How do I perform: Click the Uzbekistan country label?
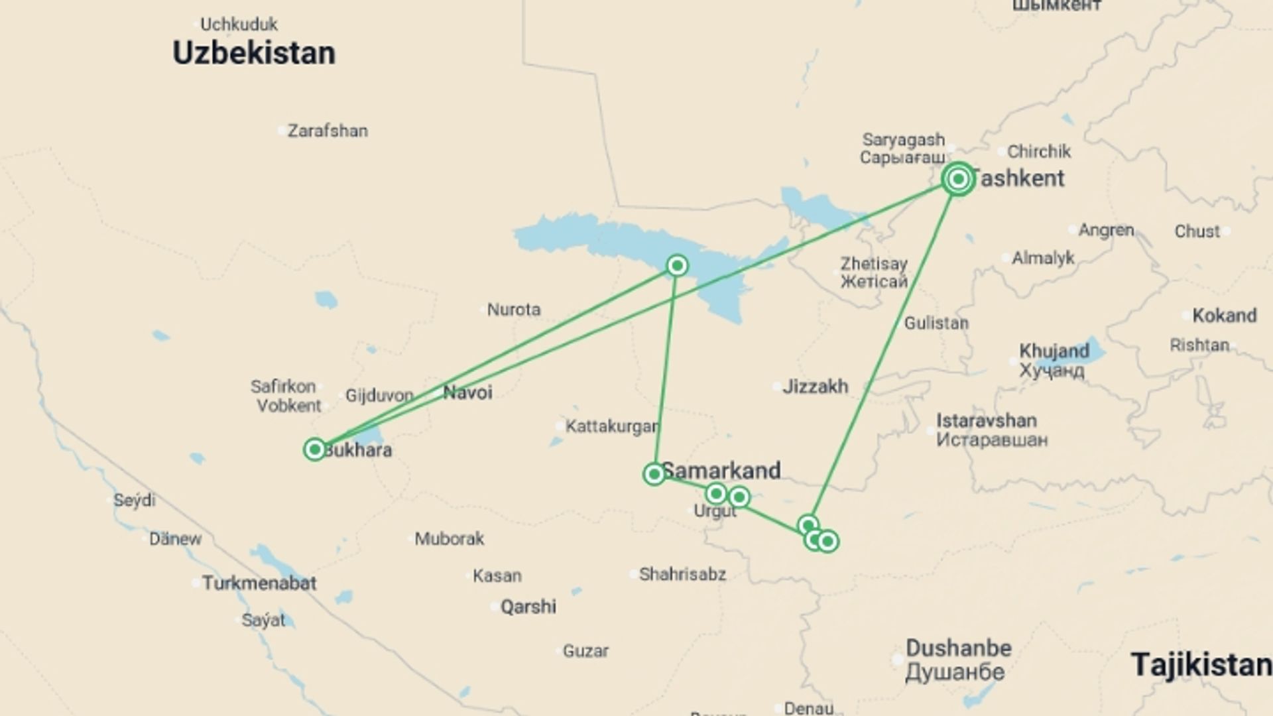(254, 53)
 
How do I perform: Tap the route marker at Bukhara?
(314, 449)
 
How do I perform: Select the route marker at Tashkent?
(958, 178)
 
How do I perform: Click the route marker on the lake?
(677, 266)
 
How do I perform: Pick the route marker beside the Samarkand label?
(654, 474)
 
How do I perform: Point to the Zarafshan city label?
(328, 131)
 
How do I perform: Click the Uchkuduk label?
(239, 25)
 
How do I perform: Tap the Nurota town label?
(514, 310)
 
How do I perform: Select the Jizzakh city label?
(815, 387)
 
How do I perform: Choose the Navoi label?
(467, 392)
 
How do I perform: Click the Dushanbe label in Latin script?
(959, 648)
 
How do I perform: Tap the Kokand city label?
(1224, 316)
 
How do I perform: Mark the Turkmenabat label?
(259, 583)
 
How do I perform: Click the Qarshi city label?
(528, 607)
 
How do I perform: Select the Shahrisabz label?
(682, 574)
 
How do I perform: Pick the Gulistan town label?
(936, 324)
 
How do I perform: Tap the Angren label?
(1106, 230)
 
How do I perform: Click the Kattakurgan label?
(612, 426)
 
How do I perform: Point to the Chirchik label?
(1039, 152)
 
